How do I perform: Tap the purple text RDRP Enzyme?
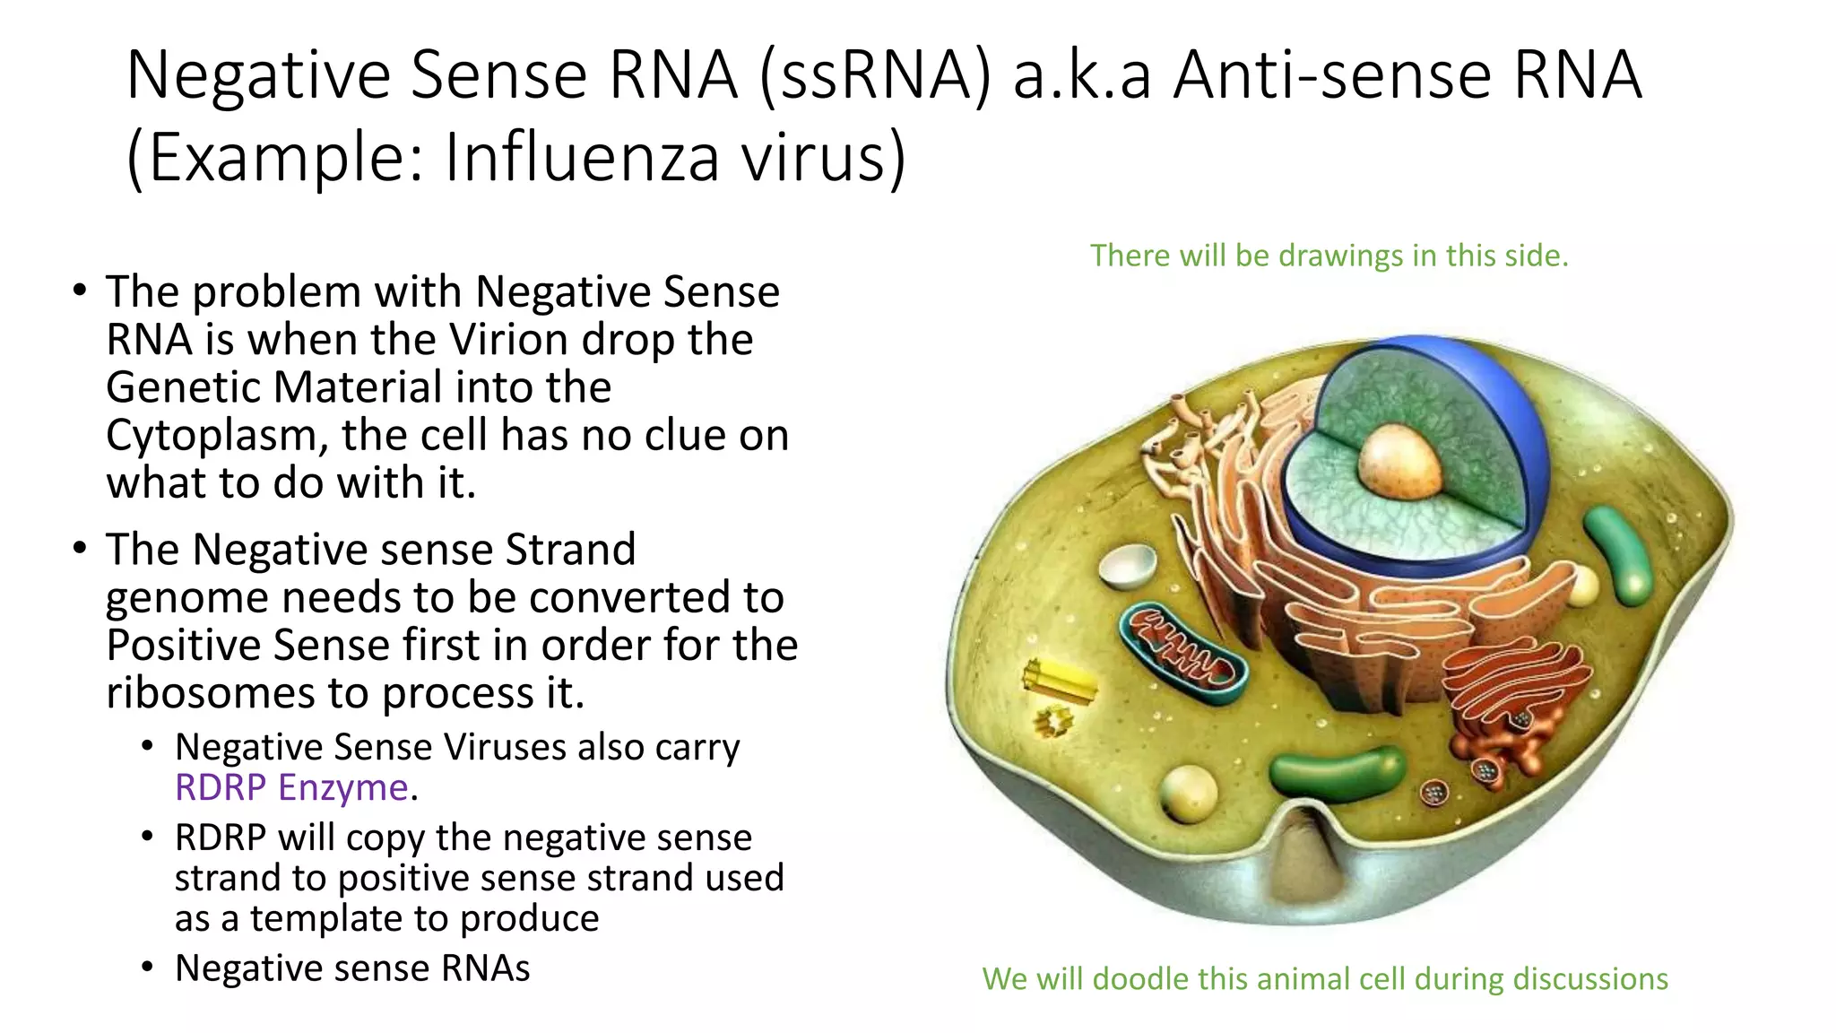click(291, 787)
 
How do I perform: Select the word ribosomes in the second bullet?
click(212, 693)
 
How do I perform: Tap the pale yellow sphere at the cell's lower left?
click(1189, 794)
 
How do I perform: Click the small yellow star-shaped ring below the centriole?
click(1052, 720)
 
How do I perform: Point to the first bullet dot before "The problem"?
click(81, 291)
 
